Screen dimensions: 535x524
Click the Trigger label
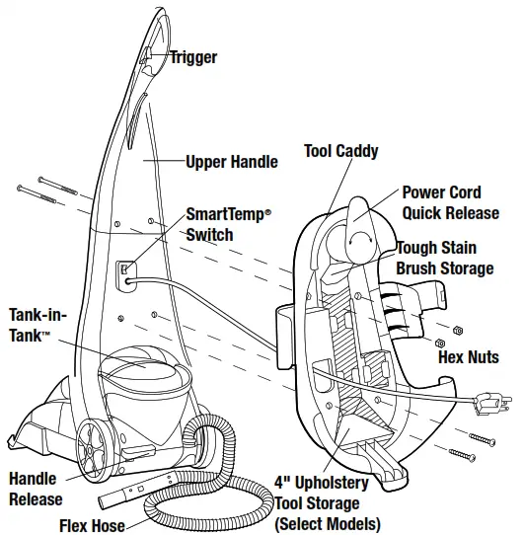click(192, 58)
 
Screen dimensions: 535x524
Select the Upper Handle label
click(232, 161)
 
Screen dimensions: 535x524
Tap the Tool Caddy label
click(341, 152)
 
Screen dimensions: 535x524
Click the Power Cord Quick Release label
click(450, 202)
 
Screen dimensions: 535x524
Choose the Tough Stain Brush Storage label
click(445, 258)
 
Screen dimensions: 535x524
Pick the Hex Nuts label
click(469, 356)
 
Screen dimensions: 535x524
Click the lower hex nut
click(439, 343)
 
